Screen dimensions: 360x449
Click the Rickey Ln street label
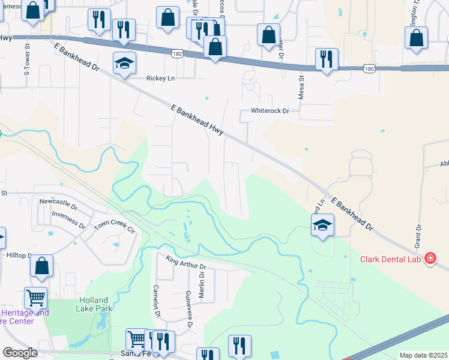click(x=161, y=78)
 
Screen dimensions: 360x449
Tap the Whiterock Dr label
click(x=270, y=112)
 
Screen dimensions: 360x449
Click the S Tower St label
click(x=27, y=71)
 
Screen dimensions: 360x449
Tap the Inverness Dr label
click(x=68, y=219)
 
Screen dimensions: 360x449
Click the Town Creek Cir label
click(x=115, y=226)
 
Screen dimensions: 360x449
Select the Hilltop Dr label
click(x=19, y=255)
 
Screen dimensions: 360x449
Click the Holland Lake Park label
click(x=92, y=304)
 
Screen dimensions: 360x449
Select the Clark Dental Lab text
click(x=390, y=259)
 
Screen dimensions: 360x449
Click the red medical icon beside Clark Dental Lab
click(x=430, y=259)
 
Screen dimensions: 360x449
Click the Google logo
click(x=20, y=352)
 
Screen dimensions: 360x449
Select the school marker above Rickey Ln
click(x=124, y=64)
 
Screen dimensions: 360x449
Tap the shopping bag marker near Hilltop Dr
click(x=41, y=267)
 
